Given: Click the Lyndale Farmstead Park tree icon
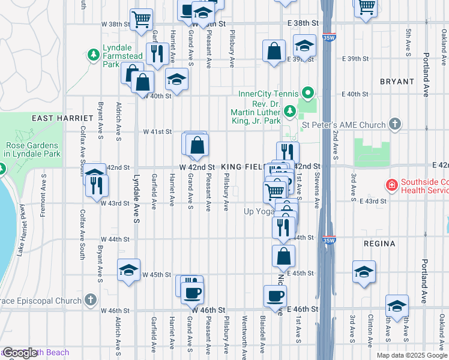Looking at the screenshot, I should tap(93, 56).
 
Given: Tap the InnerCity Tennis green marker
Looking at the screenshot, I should tap(308, 93).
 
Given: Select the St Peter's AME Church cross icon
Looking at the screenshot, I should tap(394, 124).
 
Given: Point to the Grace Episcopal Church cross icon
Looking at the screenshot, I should tap(90, 299).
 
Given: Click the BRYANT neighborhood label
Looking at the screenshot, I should tap(396, 82).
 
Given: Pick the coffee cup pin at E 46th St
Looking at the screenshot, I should tap(275, 296).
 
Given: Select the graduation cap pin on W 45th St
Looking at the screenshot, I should tap(128, 270).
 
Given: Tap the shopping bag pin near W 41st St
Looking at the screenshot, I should tap(197, 145).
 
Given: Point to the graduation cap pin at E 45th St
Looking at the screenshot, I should tap(364, 271).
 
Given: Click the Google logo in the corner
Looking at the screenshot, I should tap(20, 353).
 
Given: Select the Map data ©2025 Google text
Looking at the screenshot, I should tap(411, 355).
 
